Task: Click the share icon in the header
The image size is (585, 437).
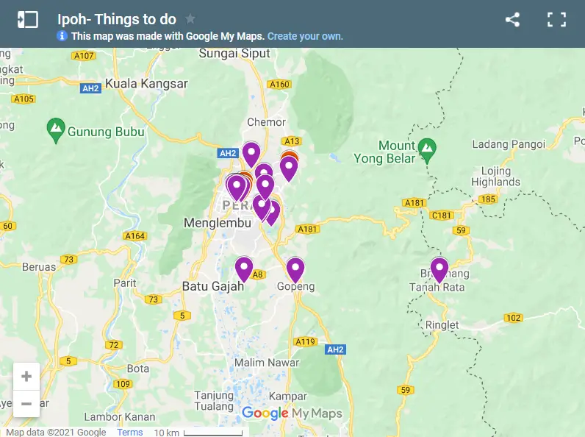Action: point(512,20)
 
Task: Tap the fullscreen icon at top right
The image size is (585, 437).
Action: point(556,20)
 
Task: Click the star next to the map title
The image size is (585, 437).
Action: point(190,19)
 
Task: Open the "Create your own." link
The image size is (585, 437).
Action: point(305,36)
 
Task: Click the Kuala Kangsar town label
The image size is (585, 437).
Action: point(146,84)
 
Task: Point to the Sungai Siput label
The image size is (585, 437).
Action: point(235,54)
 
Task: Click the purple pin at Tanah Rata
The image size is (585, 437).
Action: point(439,269)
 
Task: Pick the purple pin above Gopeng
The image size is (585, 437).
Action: point(295,269)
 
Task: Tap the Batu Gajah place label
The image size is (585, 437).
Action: point(212,286)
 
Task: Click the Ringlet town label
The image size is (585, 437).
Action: point(442,324)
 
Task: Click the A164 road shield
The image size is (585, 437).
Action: point(134,236)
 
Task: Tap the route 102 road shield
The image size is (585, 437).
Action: point(513,318)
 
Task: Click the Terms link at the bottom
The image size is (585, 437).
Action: point(130,432)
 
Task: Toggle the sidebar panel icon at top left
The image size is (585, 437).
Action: point(27,20)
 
